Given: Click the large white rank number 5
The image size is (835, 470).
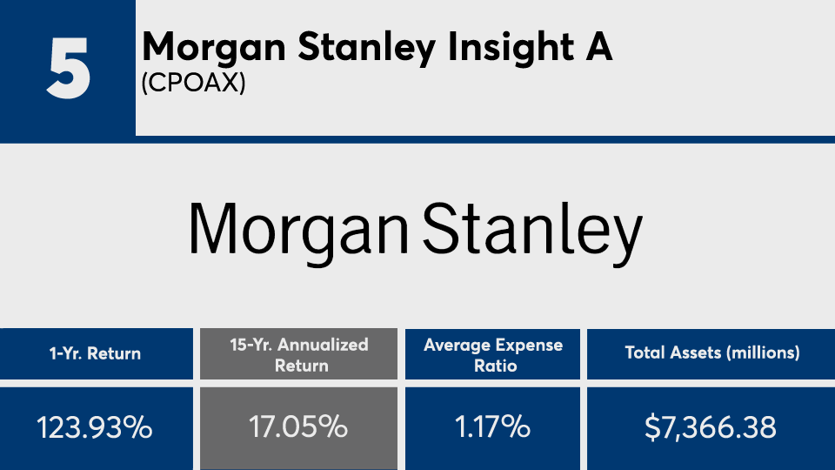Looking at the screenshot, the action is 68,68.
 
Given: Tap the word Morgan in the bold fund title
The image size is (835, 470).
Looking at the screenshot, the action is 214,48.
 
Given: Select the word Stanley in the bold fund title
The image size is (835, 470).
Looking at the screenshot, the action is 366,48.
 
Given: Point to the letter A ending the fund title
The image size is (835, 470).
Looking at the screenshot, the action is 598,46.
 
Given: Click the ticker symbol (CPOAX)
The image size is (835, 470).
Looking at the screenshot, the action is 193,83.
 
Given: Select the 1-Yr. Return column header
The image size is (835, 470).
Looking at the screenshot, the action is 96,354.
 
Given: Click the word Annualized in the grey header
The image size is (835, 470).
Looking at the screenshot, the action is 323,345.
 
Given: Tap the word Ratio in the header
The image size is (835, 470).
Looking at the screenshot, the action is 495,366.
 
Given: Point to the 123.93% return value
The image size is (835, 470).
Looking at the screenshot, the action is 95,427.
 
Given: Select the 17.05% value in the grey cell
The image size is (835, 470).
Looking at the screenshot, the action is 298,427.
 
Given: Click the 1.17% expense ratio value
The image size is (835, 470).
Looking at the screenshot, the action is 492,427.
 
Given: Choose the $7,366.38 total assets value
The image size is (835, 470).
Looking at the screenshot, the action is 711,427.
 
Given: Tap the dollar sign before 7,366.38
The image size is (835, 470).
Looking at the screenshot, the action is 652,427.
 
